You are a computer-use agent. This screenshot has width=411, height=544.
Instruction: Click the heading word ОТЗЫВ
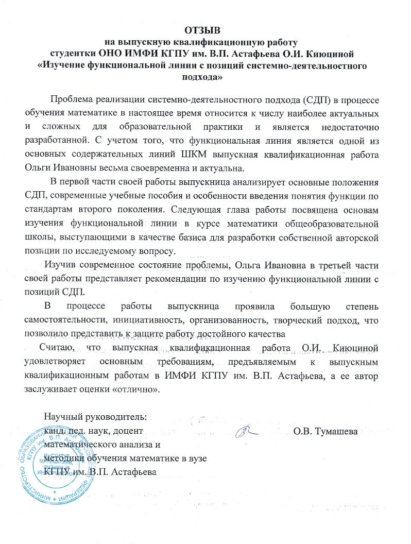pos(206,30)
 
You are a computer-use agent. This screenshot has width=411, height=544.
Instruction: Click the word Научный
pos(62,416)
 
